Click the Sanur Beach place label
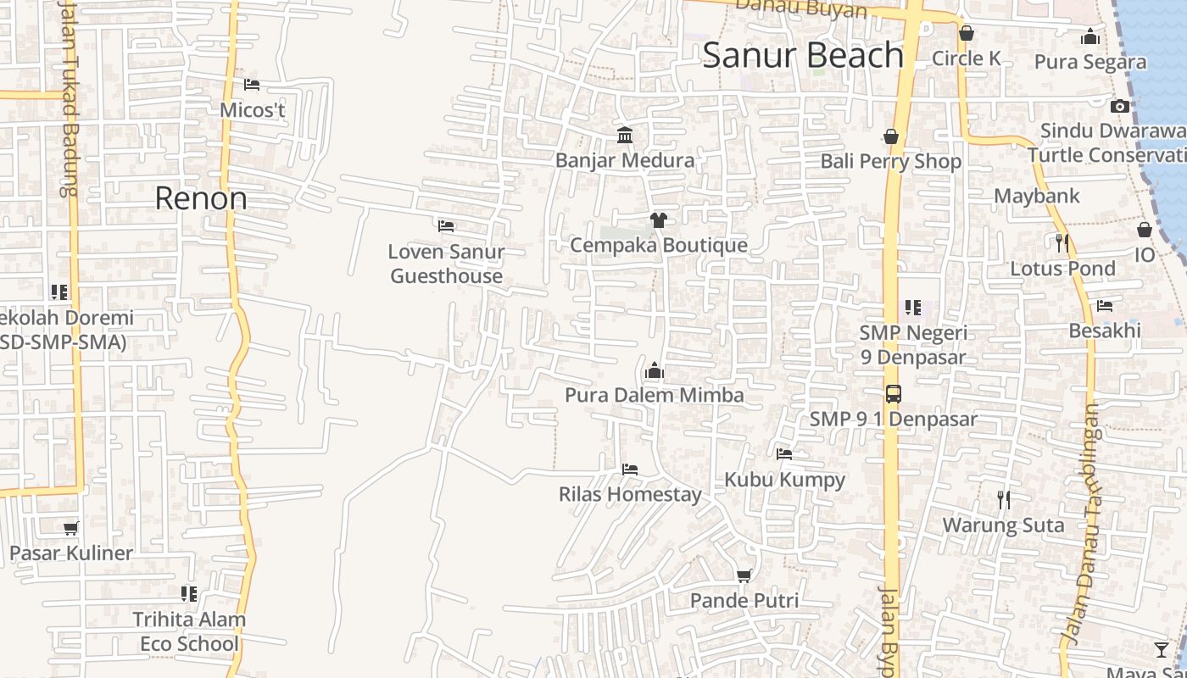click(x=803, y=56)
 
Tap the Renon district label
click(x=201, y=198)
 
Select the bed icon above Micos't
click(x=252, y=85)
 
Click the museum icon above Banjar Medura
click(x=625, y=136)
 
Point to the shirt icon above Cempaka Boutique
click(x=658, y=220)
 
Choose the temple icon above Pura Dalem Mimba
click(x=654, y=371)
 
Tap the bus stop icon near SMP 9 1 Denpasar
click(x=893, y=394)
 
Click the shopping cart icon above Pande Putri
click(x=744, y=576)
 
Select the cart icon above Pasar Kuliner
click(x=71, y=529)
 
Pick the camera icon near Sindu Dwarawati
click(x=1119, y=107)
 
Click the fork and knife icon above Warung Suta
click(x=1004, y=500)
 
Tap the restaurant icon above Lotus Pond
click(x=1062, y=244)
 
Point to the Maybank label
click(x=1037, y=197)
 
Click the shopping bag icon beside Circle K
click(x=966, y=34)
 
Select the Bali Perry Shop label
click(x=890, y=161)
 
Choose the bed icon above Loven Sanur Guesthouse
click(x=446, y=226)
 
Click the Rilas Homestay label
click(x=630, y=494)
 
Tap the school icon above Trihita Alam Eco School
click(x=188, y=594)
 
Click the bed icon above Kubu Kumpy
click(x=784, y=454)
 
